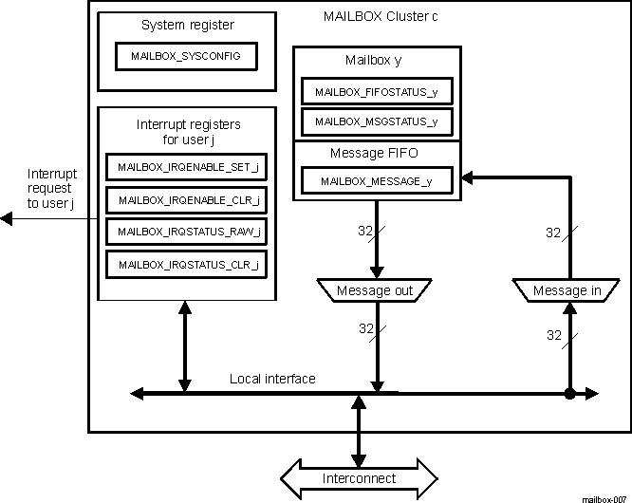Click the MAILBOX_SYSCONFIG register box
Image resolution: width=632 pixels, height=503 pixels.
pos(186,56)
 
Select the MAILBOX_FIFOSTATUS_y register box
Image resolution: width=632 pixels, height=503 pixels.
pos(377,92)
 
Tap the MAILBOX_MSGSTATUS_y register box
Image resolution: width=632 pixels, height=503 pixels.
pos(377,121)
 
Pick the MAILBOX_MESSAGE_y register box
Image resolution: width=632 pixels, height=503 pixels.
pos(377,181)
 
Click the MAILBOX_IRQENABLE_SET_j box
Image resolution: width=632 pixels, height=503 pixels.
pos(186,167)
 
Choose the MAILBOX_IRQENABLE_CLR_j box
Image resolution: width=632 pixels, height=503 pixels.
pos(186,199)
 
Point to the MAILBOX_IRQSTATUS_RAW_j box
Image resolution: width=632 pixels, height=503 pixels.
pos(186,231)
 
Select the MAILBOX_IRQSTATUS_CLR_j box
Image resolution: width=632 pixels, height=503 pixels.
pos(186,264)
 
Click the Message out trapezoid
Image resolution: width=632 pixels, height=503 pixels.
pos(377,290)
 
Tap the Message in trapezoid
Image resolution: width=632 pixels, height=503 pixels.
pos(567,290)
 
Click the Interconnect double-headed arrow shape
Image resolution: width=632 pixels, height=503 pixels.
pos(358,477)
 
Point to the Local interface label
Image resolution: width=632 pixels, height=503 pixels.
pos(272,379)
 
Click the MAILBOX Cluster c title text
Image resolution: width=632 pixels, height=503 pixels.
pos(381,17)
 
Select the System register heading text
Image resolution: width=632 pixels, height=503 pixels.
pos(187,24)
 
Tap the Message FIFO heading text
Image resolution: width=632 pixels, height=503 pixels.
pos(374,153)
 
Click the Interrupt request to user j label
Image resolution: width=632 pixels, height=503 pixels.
pos(51,189)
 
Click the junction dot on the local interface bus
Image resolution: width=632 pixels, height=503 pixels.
pos(570,392)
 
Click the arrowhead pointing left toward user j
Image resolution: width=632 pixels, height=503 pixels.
pos(7,219)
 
